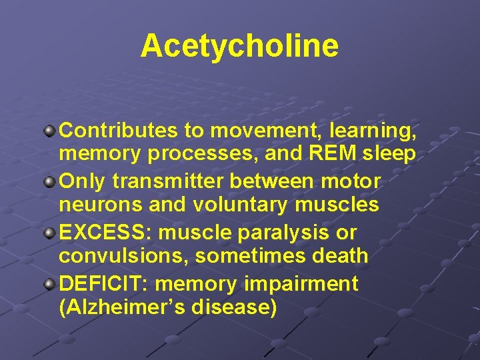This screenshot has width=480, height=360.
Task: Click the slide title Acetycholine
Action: coord(239,46)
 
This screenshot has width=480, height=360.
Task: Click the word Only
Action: coord(83,181)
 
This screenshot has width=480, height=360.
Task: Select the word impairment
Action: coord(303,284)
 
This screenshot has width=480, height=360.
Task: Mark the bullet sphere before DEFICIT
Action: coord(50,284)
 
